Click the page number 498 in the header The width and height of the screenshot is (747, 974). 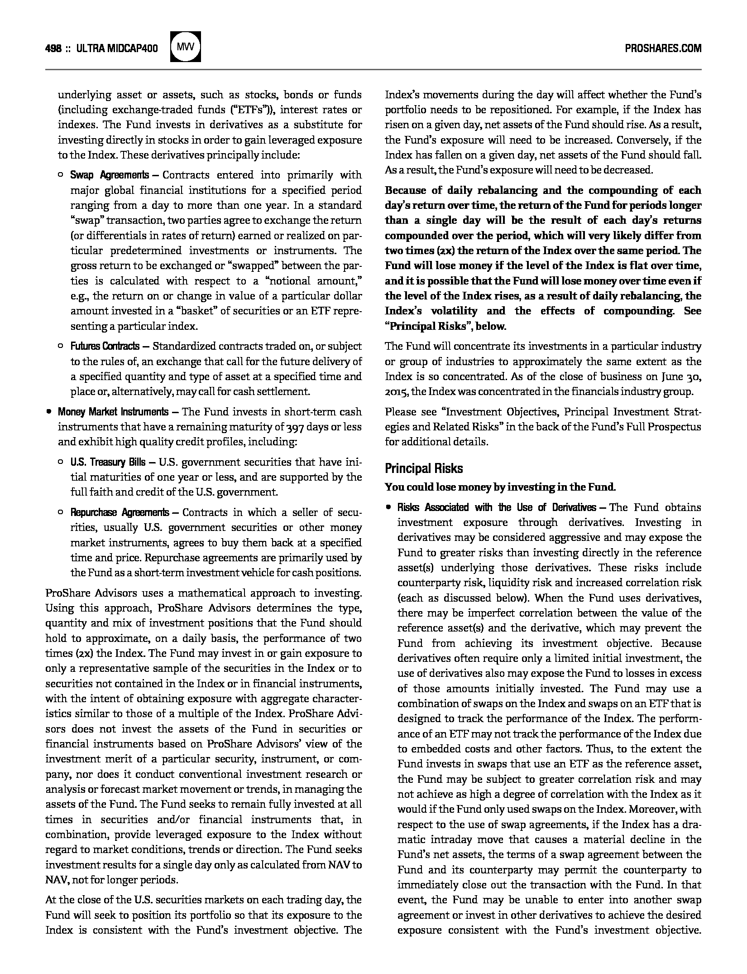pyautogui.click(x=53, y=48)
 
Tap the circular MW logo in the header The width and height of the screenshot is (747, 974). pyautogui.click(x=185, y=46)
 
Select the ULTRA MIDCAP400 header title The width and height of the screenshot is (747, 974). pyautogui.click(x=117, y=48)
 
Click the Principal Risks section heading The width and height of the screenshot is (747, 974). pyautogui.click(x=424, y=468)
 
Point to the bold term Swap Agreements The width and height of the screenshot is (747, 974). pyautogui.click(x=109, y=175)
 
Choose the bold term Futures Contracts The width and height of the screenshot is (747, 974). pyautogui.click(x=105, y=347)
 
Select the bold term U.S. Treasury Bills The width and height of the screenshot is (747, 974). pyautogui.click(x=108, y=462)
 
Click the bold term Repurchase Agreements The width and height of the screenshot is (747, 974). pyautogui.click(x=120, y=512)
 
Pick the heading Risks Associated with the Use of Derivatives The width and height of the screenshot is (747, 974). pyautogui.click(x=497, y=507)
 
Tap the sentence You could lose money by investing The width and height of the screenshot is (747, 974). pyautogui.click(x=500, y=487)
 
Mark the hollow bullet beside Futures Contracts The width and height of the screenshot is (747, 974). pyautogui.click(x=61, y=347)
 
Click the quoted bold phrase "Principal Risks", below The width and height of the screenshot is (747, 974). pyautogui.click(x=445, y=326)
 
